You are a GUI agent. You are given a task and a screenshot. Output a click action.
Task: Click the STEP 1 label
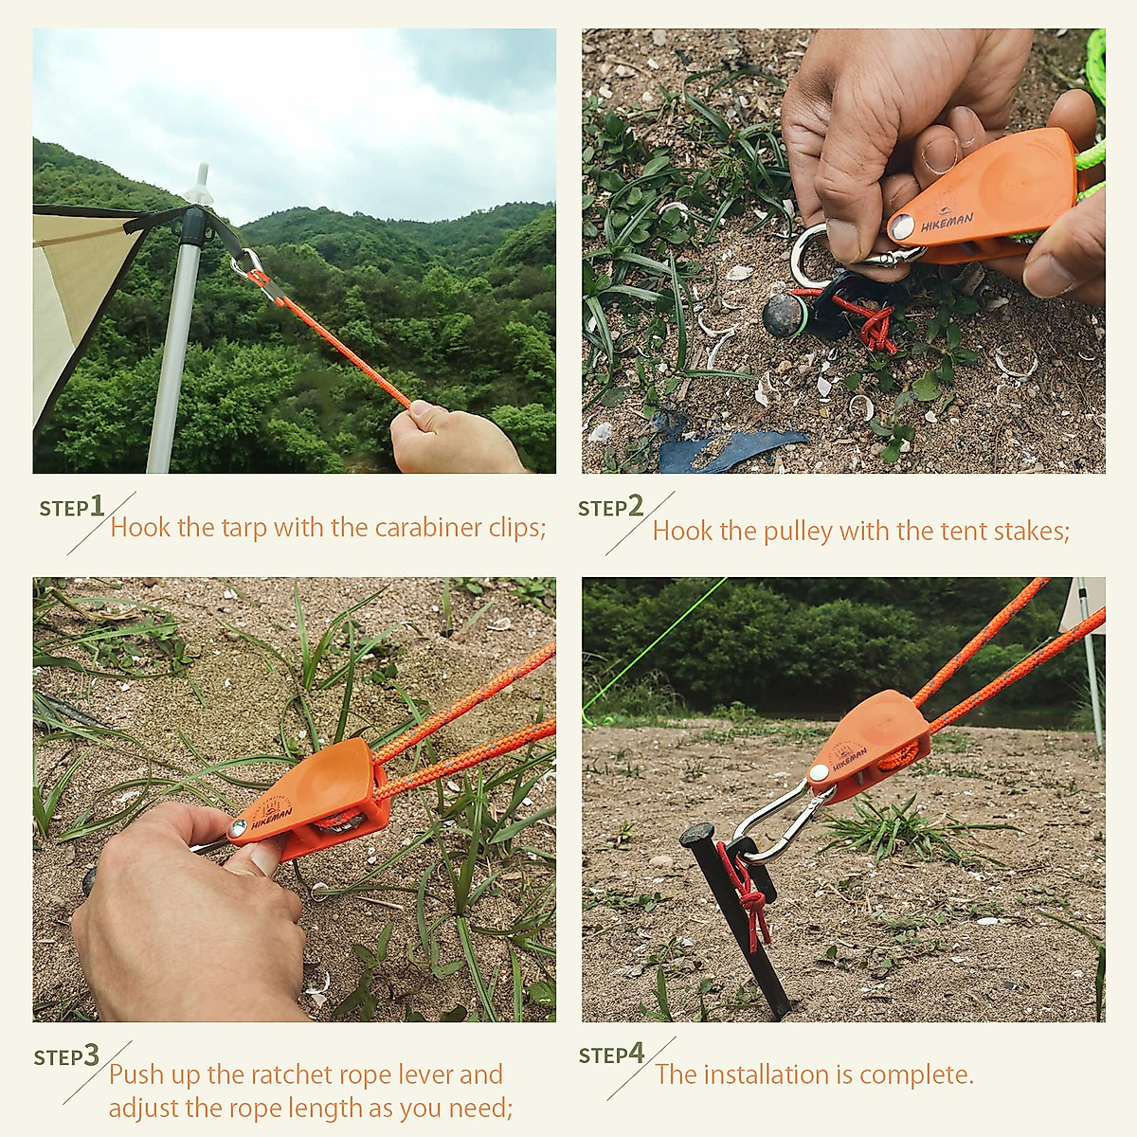tap(72, 507)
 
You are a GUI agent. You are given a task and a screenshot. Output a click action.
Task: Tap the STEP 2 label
tap(611, 507)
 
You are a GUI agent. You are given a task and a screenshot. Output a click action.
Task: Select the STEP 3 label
tap(66, 1056)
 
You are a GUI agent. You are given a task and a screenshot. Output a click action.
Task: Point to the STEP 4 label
tap(612, 1054)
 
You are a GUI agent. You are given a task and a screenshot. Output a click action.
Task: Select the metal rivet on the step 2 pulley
tap(901, 226)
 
